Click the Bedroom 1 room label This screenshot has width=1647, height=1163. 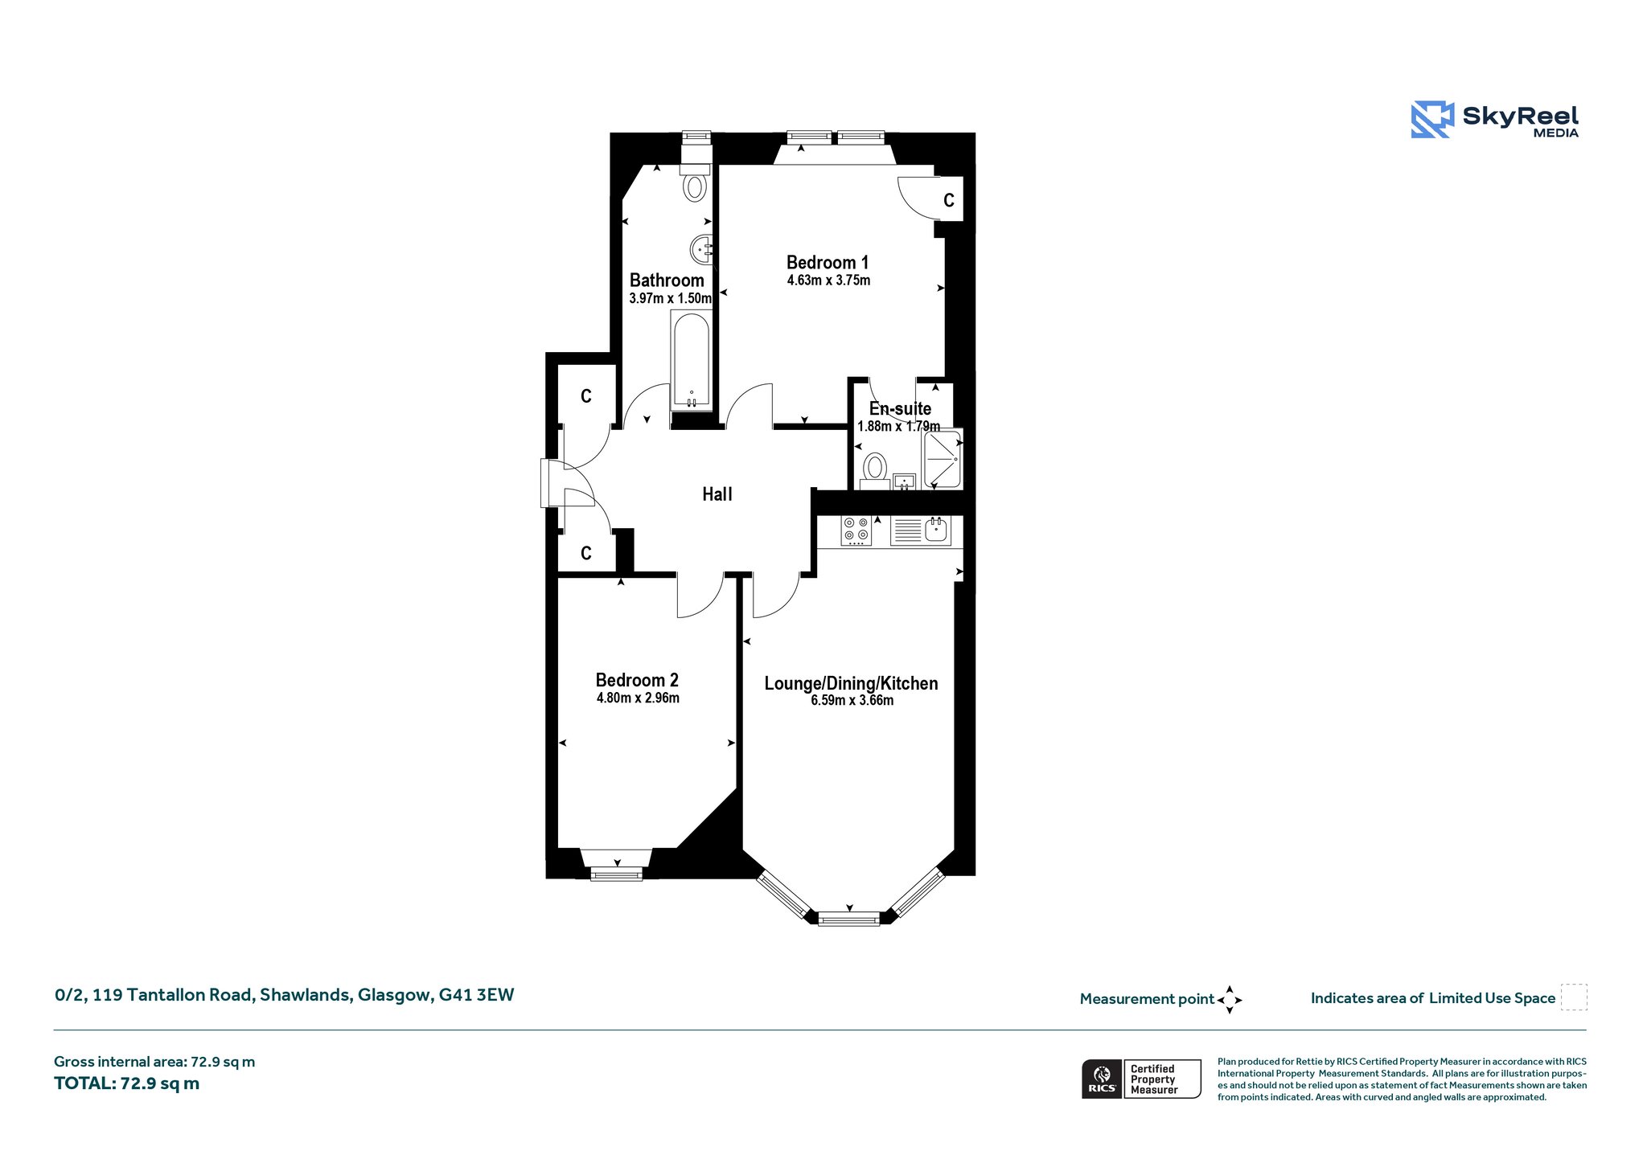(828, 262)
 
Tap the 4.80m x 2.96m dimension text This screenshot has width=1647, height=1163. (638, 698)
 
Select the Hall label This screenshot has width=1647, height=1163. (717, 494)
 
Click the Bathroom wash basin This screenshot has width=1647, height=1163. (702, 249)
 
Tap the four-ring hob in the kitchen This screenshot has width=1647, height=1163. (856, 531)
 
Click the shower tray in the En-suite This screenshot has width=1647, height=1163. (942, 460)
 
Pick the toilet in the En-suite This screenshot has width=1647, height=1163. (875, 470)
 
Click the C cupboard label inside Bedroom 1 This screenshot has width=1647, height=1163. (949, 200)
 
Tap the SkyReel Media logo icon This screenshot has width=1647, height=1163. (1432, 120)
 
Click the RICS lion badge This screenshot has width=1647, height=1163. (1102, 1079)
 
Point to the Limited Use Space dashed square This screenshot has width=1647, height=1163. (1574, 997)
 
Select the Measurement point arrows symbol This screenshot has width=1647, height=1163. (1230, 1000)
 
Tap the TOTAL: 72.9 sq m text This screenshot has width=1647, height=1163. (127, 1083)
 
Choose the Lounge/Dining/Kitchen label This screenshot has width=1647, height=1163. (851, 683)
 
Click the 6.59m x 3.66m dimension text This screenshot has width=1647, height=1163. (852, 700)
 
